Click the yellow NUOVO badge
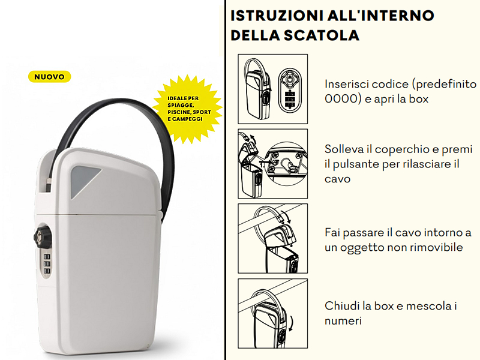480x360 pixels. click(x=50, y=77)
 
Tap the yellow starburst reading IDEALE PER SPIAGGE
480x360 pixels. click(x=188, y=108)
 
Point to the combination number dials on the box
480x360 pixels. click(x=46, y=264)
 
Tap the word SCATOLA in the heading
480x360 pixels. click(x=325, y=35)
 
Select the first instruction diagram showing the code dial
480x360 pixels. click(x=272, y=89)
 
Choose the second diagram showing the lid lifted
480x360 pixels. click(x=272, y=163)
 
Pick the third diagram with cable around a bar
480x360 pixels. click(x=272, y=238)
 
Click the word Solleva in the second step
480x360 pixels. click(x=344, y=149)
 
